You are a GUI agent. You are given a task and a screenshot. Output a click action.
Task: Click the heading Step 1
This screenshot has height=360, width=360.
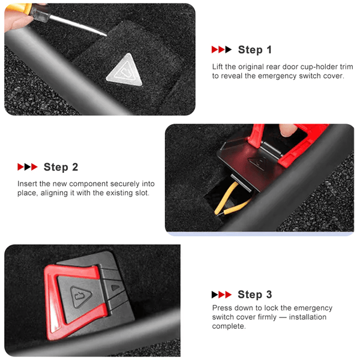255,50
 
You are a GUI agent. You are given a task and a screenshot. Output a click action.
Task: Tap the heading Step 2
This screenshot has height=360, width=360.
61,167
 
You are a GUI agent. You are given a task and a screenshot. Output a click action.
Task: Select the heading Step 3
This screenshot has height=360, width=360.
255,295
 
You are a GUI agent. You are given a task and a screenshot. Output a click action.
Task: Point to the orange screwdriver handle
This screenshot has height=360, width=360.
17,8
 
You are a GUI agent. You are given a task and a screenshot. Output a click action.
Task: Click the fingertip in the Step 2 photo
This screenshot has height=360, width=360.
287,130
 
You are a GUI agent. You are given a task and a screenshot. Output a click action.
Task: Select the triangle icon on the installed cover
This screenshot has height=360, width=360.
81,296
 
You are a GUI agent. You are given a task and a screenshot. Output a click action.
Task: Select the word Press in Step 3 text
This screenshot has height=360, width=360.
221,308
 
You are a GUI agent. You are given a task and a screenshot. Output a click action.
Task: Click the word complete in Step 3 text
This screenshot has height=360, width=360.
229,326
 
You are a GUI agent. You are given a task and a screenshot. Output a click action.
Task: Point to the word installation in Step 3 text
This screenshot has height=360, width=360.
308,317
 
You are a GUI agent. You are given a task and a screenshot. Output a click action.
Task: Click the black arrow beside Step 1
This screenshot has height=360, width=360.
229,50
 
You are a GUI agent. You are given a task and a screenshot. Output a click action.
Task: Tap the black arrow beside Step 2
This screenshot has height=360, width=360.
28,167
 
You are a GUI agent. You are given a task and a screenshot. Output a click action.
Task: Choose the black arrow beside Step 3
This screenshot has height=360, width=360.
215,295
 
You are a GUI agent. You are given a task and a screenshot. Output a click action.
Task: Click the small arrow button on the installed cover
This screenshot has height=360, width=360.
115,287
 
